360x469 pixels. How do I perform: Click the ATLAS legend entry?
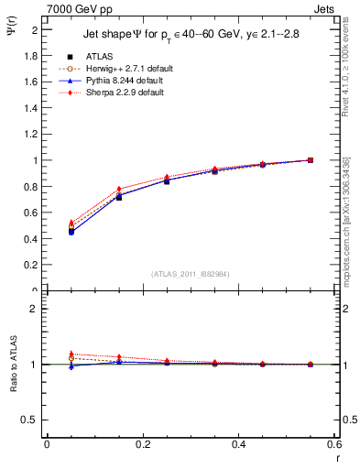point(99,57)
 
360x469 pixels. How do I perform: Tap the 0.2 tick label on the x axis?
point(142,444)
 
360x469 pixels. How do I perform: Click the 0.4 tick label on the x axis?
point(238,444)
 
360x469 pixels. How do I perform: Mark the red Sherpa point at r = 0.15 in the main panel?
point(118,190)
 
